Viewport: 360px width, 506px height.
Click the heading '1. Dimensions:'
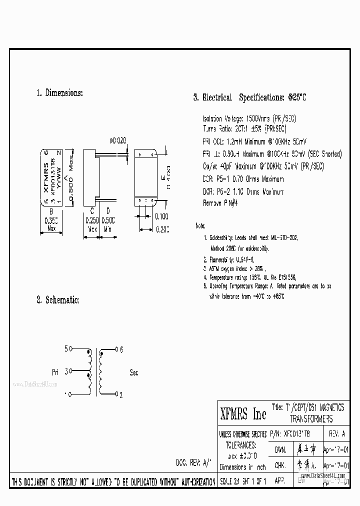click(59, 92)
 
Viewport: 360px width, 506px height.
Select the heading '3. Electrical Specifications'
click(249, 97)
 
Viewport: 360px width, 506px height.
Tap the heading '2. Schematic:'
click(57, 299)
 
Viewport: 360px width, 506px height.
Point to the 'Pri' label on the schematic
click(55, 372)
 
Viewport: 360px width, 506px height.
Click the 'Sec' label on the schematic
click(134, 372)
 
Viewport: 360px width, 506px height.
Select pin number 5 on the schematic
click(65, 349)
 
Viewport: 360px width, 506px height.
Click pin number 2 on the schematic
click(121, 394)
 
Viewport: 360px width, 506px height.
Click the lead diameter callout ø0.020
click(117, 141)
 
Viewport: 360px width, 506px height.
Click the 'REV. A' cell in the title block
click(337, 433)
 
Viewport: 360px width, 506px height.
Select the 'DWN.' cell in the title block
click(280, 449)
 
